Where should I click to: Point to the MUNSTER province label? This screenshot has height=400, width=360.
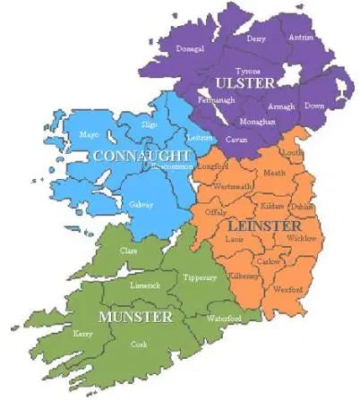[x=136, y=317]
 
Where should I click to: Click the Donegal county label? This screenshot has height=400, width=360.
[x=190, y=48]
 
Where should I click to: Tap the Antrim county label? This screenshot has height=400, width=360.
[x=302, y=38]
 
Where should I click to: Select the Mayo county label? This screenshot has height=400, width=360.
[x=89, y=135]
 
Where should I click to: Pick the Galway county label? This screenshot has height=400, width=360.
[x=141, y=204]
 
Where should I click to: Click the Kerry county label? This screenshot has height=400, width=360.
[x=82, y=334]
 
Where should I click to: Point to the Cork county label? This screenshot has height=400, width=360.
[x=140, y=344]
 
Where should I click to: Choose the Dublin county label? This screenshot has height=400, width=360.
[x=302, y=207]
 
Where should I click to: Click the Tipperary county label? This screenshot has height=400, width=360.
[x=200, y=278]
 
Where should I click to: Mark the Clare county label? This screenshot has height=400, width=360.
[x=129, y=251]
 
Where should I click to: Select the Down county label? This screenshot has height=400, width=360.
[x=313, y=106]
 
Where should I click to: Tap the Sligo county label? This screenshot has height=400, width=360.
[x=150, y=125]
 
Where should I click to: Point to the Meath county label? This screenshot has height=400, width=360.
[x=273, y=173]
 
